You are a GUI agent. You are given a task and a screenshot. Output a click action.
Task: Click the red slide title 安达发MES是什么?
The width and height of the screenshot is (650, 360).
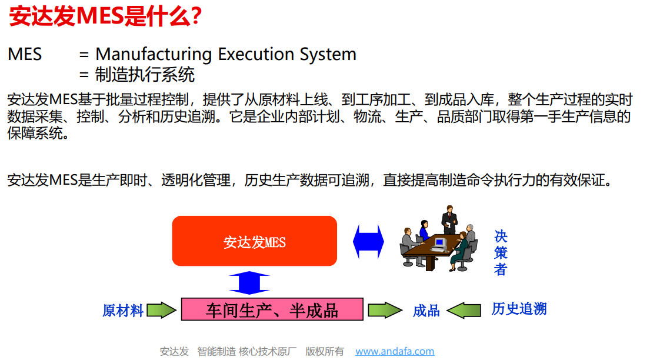tap(105, 16)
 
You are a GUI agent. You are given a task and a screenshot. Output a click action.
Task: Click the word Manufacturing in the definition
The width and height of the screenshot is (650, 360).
tap(154, 54)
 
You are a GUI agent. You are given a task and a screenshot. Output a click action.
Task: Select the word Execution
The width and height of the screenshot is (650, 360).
tap(256, 54)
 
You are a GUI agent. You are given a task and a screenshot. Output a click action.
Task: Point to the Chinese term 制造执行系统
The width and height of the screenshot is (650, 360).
tap(145, 75)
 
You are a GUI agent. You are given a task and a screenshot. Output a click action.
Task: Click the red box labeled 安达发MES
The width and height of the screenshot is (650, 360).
tap(255, 241)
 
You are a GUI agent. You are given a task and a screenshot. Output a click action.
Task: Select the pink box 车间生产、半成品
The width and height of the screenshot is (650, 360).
tap(272, 309)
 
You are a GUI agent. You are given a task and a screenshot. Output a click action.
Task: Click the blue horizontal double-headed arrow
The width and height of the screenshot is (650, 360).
tap(368, 242)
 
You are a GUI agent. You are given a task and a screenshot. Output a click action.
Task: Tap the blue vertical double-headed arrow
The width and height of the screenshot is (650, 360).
tap(249, 282)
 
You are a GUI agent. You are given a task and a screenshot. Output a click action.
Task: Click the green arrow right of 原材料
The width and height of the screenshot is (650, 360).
tap(162, 310)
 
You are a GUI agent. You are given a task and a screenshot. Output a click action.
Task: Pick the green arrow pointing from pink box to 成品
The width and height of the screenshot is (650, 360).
tap(385, 310)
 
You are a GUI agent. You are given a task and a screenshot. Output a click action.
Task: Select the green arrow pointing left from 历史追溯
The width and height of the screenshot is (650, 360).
tap(464, 310)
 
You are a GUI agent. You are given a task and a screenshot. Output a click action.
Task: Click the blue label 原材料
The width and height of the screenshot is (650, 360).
tap(123, 310)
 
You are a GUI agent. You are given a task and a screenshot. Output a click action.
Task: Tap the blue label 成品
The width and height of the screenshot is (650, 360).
tap(426, 310)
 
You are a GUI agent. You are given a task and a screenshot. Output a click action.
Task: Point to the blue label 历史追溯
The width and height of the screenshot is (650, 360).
tap(519, 309)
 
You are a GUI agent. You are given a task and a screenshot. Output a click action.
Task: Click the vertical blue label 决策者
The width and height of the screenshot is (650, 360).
tap(501, 253)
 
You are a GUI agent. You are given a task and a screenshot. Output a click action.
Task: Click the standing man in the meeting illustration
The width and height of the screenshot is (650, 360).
tap(449, 219)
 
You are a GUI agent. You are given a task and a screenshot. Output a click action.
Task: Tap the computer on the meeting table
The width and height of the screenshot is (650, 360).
tap(439, 245)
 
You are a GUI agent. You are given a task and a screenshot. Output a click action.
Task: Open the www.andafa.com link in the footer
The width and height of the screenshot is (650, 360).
tap(395, 351)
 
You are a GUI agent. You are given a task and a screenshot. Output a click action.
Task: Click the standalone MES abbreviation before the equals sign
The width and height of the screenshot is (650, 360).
tap(25, 54)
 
